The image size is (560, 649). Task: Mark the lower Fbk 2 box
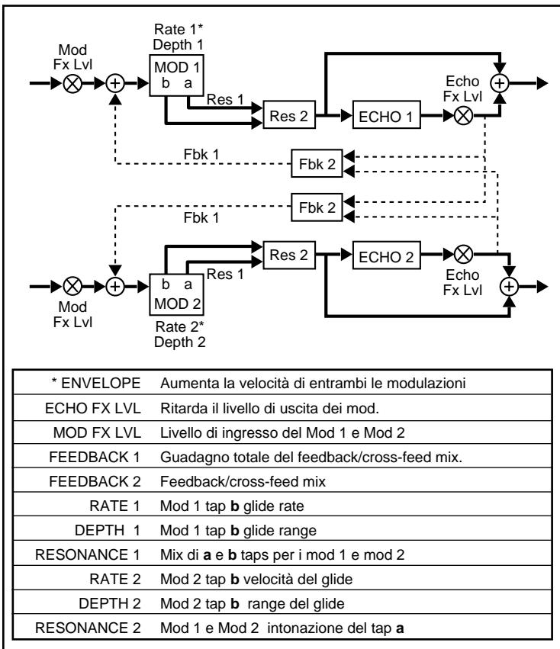click(x=315, y=206)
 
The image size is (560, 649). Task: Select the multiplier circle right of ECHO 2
click(x=462, y=257)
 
